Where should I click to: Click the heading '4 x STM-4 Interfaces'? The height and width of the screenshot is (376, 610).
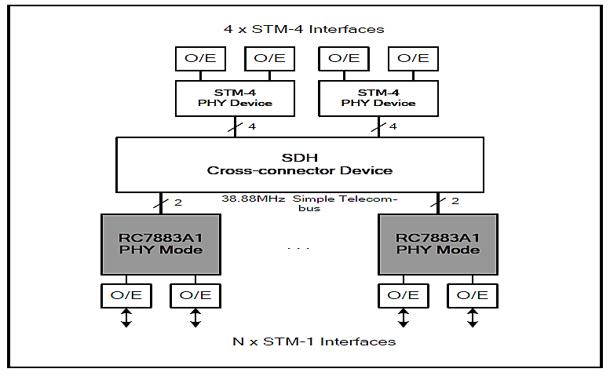coord(304,29)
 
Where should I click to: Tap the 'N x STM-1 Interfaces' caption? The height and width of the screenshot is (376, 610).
coord(314,341)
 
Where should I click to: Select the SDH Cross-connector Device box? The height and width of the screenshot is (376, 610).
coord(299,164)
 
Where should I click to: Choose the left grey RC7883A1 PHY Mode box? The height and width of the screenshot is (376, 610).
coord(160,243)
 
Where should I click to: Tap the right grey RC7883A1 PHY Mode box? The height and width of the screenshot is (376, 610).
coord(437,243)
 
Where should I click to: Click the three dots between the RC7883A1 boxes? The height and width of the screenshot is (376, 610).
coord(298,249)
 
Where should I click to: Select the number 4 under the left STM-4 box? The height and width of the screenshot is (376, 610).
coord(251,126)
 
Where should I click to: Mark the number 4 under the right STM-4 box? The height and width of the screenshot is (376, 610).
coord(393,126)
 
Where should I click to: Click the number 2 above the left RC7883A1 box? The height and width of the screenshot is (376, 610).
coord(178,203)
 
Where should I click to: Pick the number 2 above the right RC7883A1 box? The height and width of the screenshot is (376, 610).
coord(455,201)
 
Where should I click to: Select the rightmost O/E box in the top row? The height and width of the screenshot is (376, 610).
coord(413,58)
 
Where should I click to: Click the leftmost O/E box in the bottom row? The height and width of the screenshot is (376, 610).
coord(126,295)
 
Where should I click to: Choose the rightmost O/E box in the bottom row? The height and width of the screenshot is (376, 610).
coord(472,295)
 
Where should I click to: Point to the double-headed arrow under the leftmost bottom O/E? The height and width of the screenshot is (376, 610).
coord(126,318)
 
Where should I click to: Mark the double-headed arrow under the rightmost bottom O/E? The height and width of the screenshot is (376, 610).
coord(472,318)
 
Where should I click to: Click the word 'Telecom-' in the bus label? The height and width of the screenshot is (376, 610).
coord(371,199)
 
